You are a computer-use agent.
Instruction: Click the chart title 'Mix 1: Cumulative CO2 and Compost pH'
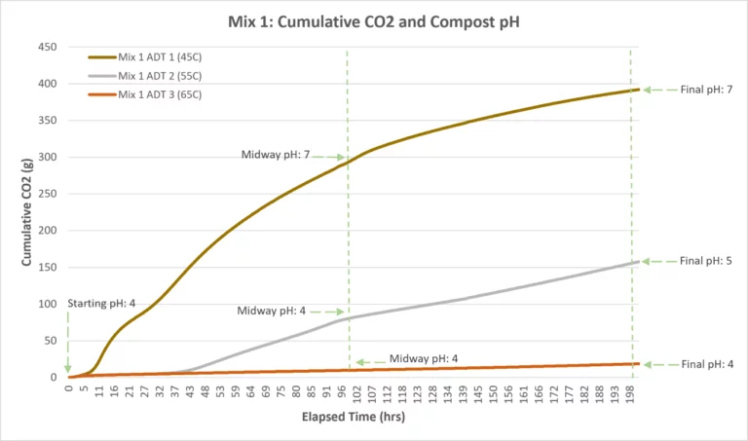374,21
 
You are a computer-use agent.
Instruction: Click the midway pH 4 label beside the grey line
271,312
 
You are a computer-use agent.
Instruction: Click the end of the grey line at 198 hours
637,262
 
